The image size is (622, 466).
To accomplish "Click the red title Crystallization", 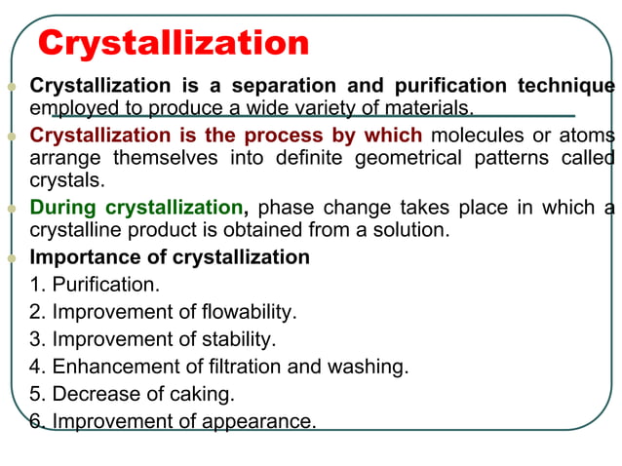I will (173, 43).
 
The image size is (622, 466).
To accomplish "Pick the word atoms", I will (588, 135).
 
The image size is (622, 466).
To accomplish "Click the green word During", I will (64, 207).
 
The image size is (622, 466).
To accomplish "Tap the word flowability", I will (249, 312).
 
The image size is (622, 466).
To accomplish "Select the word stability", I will (238, 339).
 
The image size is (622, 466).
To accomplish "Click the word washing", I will (369, 367).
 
